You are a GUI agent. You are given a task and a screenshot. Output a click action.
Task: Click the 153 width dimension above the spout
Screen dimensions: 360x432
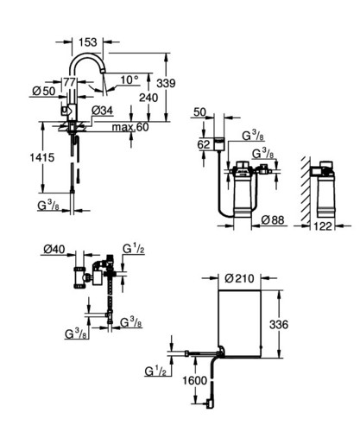(x=88, y=42)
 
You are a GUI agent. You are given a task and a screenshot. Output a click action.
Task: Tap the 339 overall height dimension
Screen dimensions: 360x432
(x=166, y=83)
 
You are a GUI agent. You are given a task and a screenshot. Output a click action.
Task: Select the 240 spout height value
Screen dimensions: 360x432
(x=148, y=98)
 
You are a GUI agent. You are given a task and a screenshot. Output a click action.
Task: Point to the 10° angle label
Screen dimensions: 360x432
(x=129, y=79)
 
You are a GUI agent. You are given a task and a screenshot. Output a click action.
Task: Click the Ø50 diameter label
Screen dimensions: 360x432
(x=44, y=91)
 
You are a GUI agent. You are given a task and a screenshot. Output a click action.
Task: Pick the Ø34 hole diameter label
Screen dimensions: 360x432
(x=102, y=111)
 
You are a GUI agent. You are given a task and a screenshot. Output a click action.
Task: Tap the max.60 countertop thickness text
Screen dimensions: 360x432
(x=130, y=127)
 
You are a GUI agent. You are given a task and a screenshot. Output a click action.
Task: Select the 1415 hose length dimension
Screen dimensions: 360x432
(x=42, y=157)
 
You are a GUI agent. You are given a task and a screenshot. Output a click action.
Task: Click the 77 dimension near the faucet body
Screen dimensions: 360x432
(x=70, y=82)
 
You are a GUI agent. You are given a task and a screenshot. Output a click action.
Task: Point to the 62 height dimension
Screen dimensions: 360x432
(x=204, y=144)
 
